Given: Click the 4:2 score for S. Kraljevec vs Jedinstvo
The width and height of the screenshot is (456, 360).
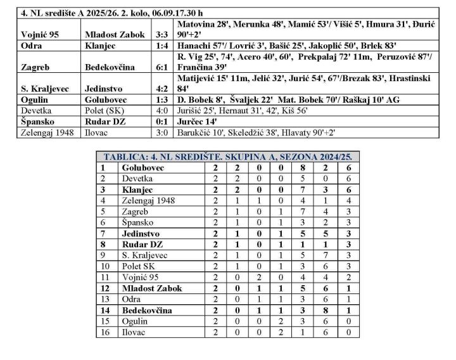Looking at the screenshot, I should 160,89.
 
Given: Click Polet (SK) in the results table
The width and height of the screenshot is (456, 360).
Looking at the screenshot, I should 101,111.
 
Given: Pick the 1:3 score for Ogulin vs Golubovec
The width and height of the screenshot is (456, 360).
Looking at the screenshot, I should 160,100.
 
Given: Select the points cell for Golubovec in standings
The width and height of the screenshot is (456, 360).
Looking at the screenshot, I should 348,168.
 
